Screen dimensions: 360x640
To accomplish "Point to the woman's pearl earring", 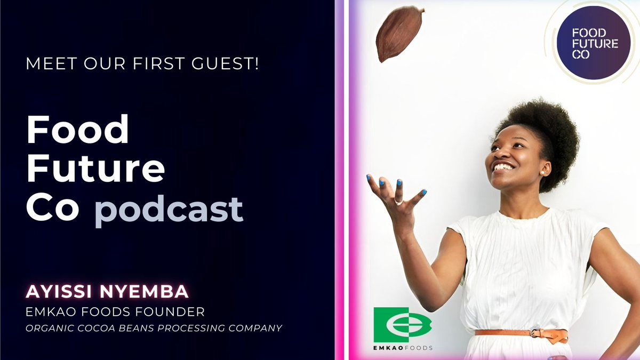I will pos(542,173).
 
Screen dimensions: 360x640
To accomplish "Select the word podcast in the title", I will pos(169,209).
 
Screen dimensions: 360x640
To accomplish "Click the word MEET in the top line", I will pos(47,67).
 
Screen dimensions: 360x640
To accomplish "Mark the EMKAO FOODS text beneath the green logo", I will pos(403,348).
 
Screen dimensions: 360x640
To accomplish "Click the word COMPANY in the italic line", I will pos(256,327).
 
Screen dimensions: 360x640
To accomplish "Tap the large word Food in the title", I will pos(78,130).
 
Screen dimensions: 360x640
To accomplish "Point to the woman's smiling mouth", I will pos(503,167).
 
